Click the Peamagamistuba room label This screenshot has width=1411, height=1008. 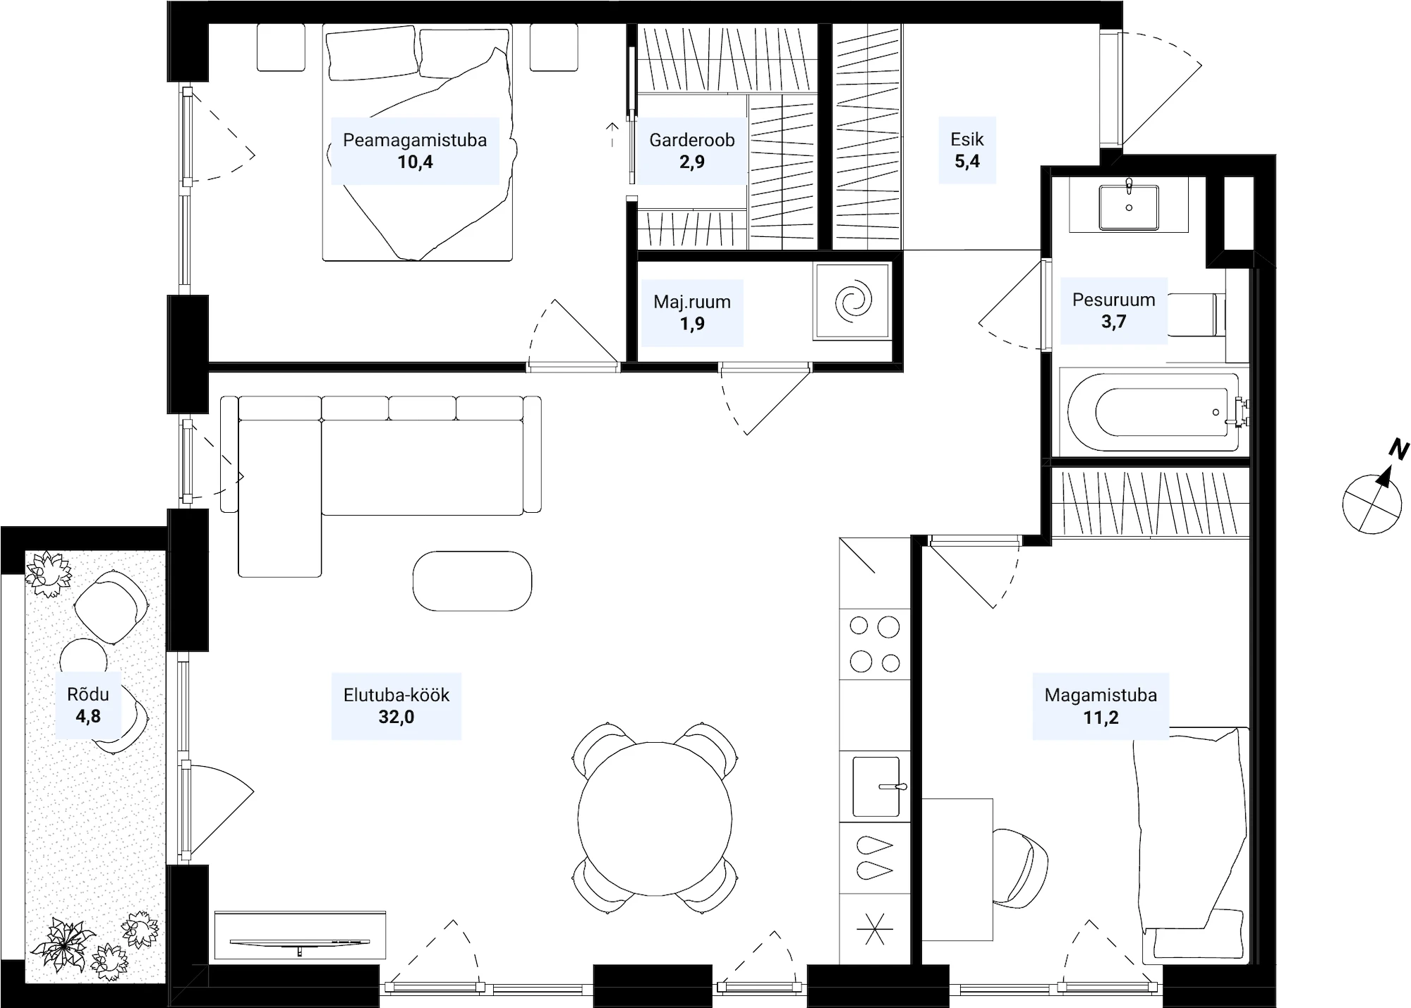pyautogui.click(x=415, y=140)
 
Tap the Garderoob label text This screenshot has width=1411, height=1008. pyautogui.click(x=692, y=140)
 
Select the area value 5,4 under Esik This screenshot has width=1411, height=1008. pyautogui.click(x=967, y=162)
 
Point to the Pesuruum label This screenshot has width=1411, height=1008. pyautogui.click(x=1114, y=300)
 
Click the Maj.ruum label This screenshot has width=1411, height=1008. pyautogui.click(x=692, y=302)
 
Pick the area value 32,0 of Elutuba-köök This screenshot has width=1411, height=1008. pyautogui.click(x=396, y=717)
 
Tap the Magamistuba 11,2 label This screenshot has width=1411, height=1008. pyautogui.click(x=1101, y=706)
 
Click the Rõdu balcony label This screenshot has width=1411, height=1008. pyautogui.click(x=88, y=694)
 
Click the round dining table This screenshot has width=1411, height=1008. pyautogui.click(x=655, y=819)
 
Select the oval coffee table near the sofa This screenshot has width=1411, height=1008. pyautogui.click(x=472, y=581)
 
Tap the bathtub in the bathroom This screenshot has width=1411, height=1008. pyautogui.click(x=1153, y=413)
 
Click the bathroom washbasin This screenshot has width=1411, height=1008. pyautogui.click(x=1129, y=207)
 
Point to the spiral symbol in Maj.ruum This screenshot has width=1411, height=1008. pyautogui.click(x=853, y=301)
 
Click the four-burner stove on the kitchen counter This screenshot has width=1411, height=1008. pyautogui.click(x=875, y=644)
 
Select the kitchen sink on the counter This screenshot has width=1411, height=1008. pyautogui.click(x=876, y=787)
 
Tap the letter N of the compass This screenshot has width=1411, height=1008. pyautogui.click(x=1398, y=449)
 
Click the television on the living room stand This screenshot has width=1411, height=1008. pyautogui.click(x=299, y=942)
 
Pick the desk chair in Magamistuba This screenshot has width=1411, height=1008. pyautogui.click(x=1020, y=867)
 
